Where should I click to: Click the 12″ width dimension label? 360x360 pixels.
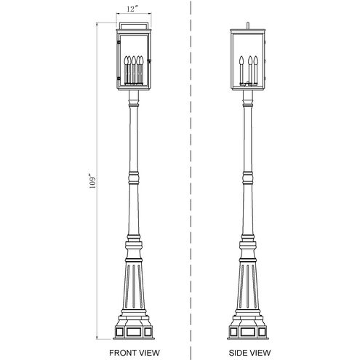click(132, 9)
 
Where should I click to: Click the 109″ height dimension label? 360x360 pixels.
click(92, 181)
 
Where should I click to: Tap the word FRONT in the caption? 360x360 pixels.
click(121, 353)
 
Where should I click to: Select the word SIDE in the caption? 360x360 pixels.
click(237, 353)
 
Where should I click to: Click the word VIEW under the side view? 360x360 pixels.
click(259, 353)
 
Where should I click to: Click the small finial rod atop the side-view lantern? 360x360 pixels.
click(247, 25)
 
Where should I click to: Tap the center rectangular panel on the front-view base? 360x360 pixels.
click(134, 331)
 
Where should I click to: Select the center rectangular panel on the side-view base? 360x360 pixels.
click(248, 331)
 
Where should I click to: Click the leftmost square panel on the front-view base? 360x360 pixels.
click(119, 331)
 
